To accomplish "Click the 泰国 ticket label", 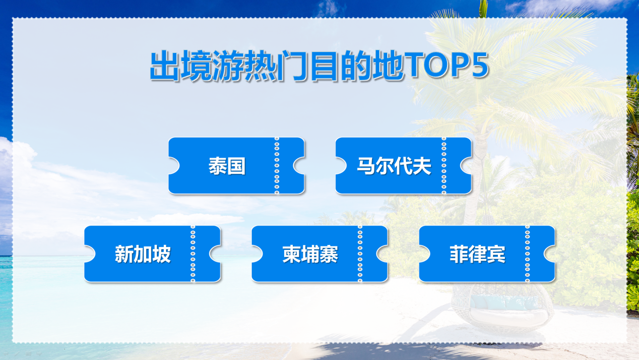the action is [227, 166].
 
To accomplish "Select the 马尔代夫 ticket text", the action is [394, 166].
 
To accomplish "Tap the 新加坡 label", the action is [143, 254].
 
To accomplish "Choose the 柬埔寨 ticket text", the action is [310, 254].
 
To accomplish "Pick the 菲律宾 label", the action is [478, 254].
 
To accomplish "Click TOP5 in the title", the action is [446, 65].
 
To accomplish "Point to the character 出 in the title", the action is [165, 66].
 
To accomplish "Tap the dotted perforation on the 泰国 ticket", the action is [277, 165].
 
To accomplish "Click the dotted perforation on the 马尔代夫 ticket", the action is [444, 165].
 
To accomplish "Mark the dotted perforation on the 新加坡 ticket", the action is [193, 254].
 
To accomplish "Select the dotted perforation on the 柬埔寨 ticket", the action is [360, 254].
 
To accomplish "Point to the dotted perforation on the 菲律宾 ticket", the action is [528, 254].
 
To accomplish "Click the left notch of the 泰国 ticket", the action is [174, 165].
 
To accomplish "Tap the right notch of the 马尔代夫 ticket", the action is [466, 165].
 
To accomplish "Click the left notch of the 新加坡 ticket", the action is [90, 254].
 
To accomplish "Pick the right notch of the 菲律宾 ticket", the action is [550, 254].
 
